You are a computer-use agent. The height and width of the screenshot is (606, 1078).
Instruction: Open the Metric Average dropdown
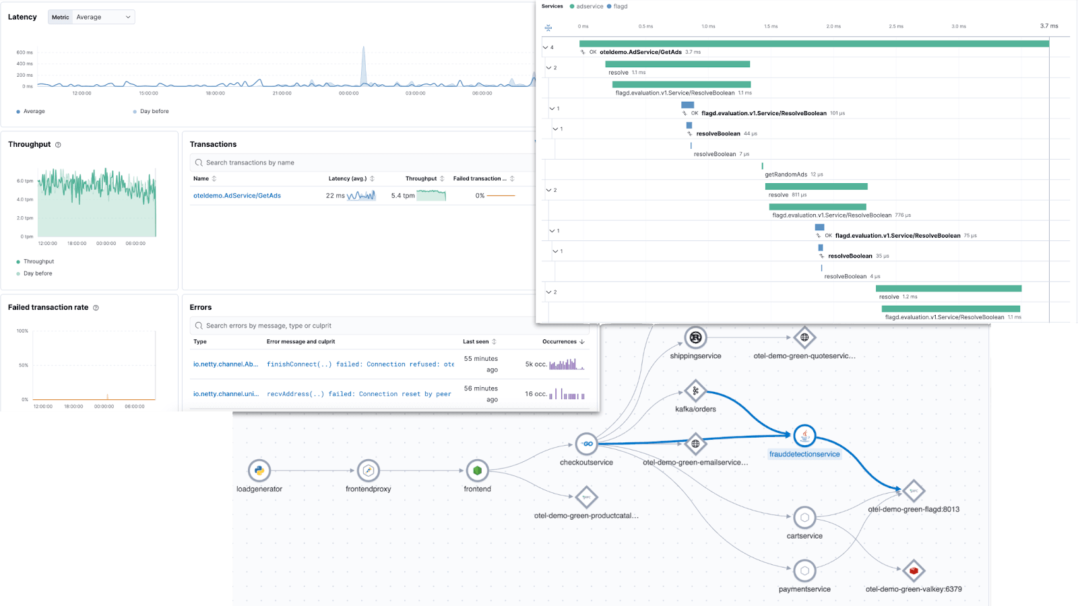92,17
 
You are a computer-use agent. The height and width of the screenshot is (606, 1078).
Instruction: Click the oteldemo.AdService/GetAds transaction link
237,196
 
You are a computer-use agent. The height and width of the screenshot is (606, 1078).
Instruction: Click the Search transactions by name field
364,163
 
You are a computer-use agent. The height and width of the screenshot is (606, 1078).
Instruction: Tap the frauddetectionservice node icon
804,436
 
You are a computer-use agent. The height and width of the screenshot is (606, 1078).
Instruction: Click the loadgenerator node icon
259,471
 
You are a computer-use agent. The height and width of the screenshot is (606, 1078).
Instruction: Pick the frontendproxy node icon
369,471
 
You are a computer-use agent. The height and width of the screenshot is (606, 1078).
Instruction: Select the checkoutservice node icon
586,444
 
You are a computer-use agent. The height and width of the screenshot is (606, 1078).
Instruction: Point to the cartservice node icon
804,518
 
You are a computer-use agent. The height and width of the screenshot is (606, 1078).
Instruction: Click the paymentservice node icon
804,571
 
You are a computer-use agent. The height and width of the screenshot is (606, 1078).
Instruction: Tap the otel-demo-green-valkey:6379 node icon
914,570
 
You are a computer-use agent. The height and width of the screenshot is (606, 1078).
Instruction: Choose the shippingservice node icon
695,337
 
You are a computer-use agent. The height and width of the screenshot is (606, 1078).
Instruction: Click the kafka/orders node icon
695,391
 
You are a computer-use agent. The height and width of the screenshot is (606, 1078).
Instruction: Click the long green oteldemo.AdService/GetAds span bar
814,44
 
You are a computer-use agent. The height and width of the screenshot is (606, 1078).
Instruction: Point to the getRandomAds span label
786,174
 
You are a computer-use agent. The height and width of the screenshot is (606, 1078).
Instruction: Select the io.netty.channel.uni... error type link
226,394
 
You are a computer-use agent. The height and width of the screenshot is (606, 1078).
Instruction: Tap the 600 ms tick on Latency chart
24,53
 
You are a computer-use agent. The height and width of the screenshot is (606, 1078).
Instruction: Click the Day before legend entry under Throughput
38,273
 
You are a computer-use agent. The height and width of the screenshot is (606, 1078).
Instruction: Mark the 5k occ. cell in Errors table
536,364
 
